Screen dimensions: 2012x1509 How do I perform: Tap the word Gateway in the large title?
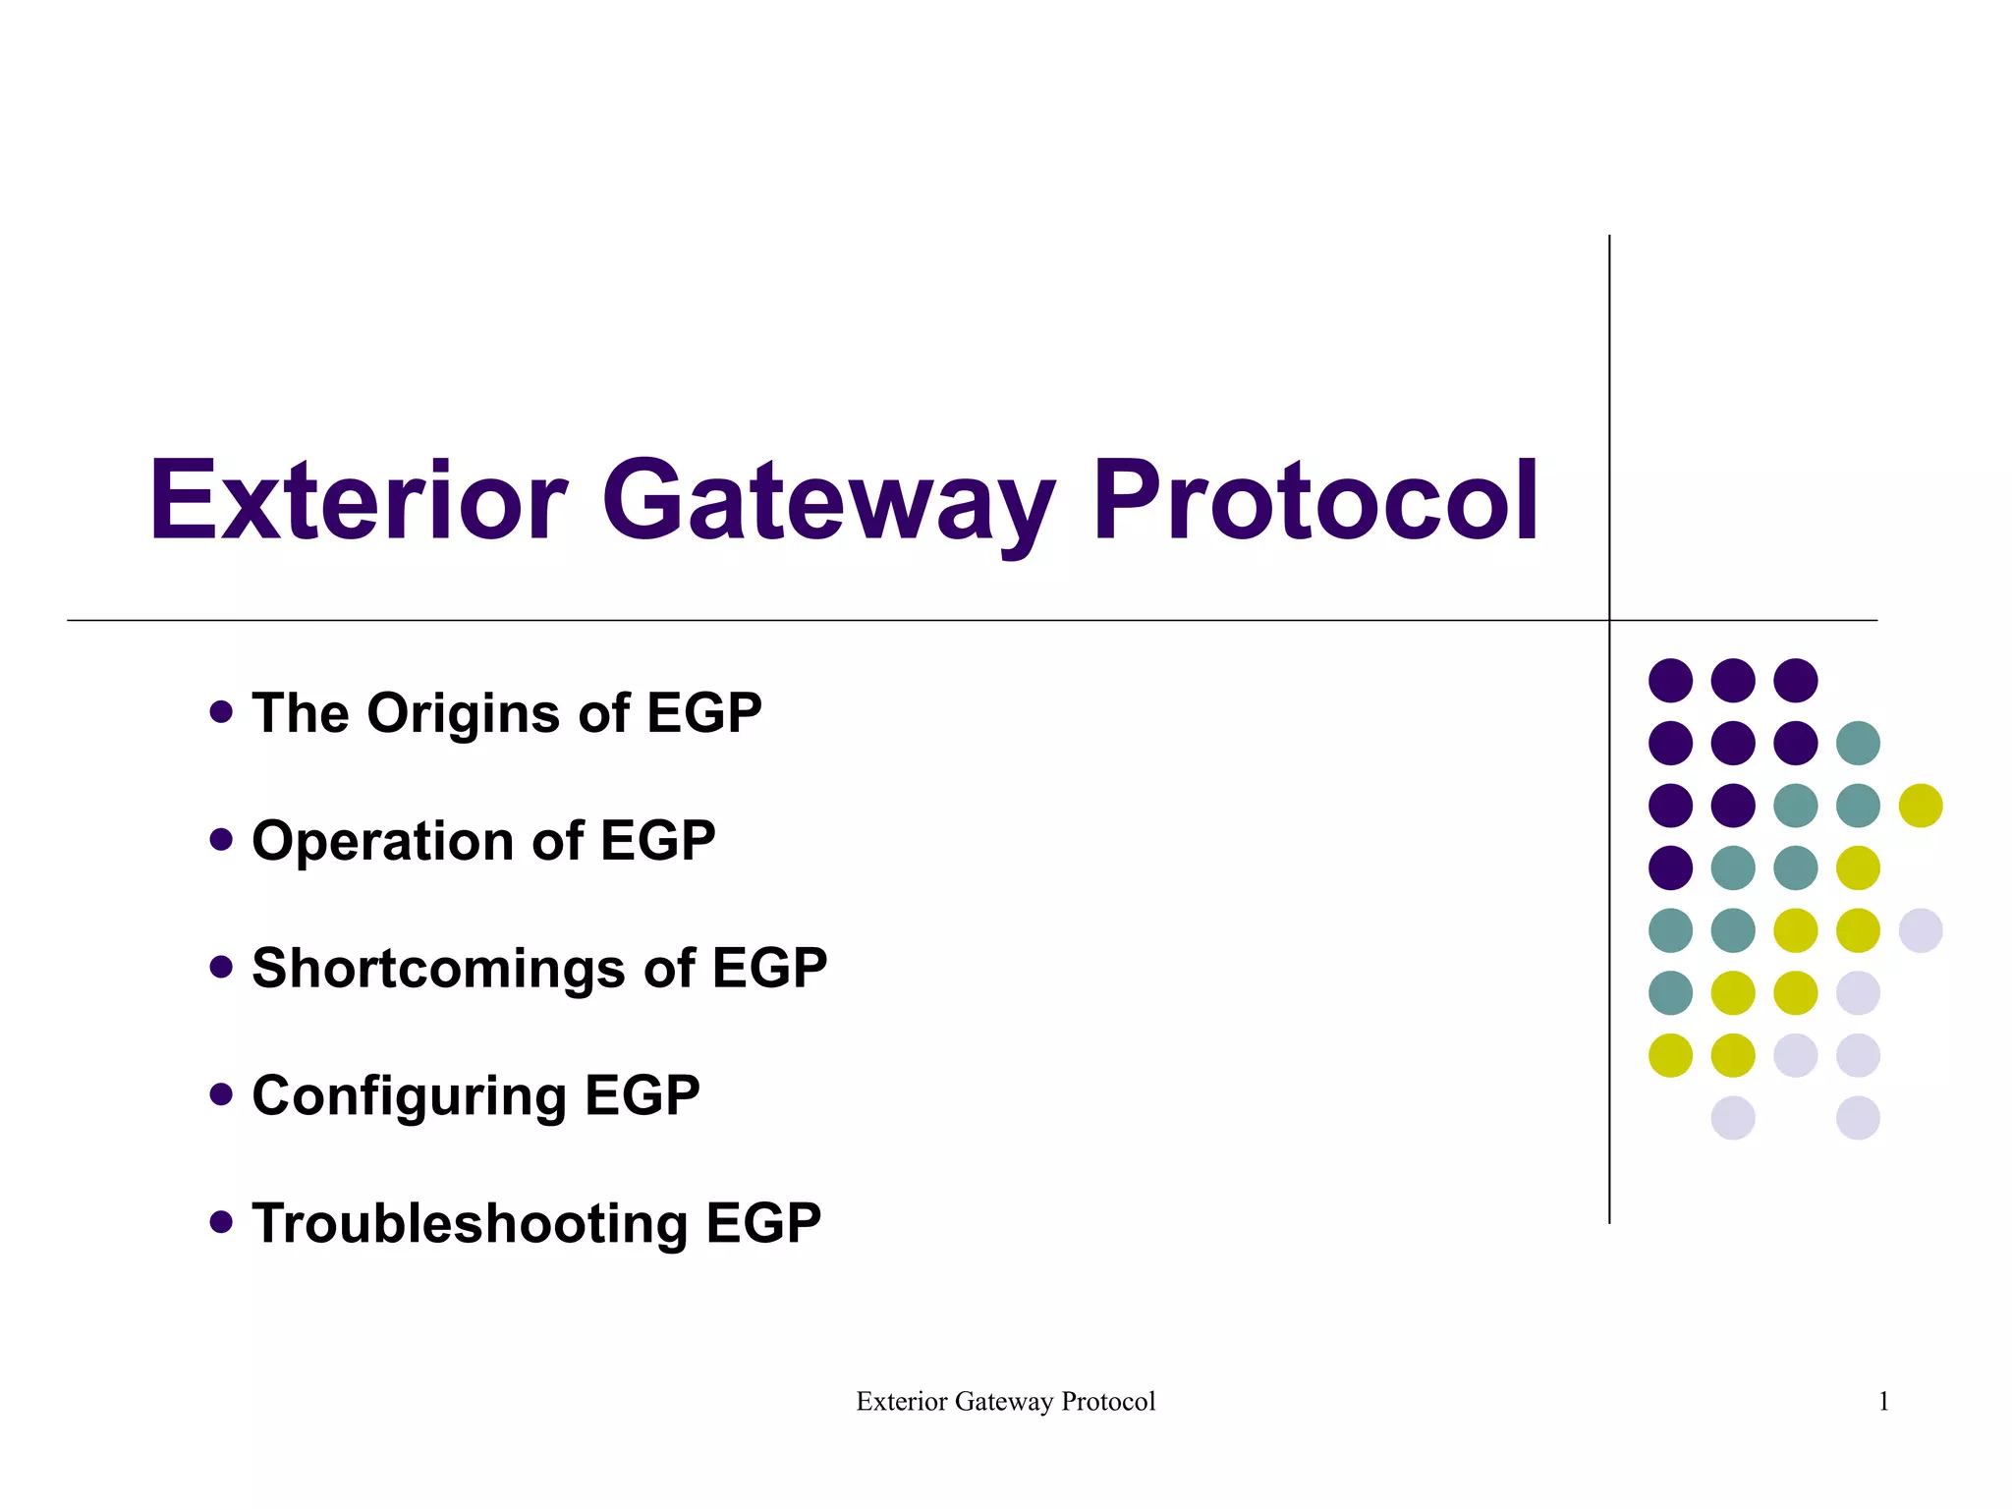pos(828,503)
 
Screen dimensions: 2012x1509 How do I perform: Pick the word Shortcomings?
pos(439,970)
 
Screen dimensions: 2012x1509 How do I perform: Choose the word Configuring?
pos(409,1096)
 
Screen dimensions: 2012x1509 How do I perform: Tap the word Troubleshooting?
pos(470,1224)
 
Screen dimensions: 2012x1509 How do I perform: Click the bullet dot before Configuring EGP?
pos(221,1094)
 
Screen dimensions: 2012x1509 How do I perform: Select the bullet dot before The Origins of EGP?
pos(221,711)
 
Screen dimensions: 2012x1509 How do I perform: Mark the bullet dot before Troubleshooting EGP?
pos(221,1222)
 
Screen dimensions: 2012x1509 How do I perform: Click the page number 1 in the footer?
pos(1883,1402)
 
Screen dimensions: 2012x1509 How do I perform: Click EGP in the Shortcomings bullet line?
pos(769,969)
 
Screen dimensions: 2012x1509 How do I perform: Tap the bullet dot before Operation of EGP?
pos(221,839)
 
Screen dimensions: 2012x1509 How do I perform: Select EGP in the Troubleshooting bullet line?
pos(763,1224)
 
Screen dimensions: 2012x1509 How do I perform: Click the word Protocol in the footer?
pos(1108,1402)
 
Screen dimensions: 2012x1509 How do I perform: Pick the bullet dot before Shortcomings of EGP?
pos(221,967)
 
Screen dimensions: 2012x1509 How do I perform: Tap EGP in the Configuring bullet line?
pos(643,1096)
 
